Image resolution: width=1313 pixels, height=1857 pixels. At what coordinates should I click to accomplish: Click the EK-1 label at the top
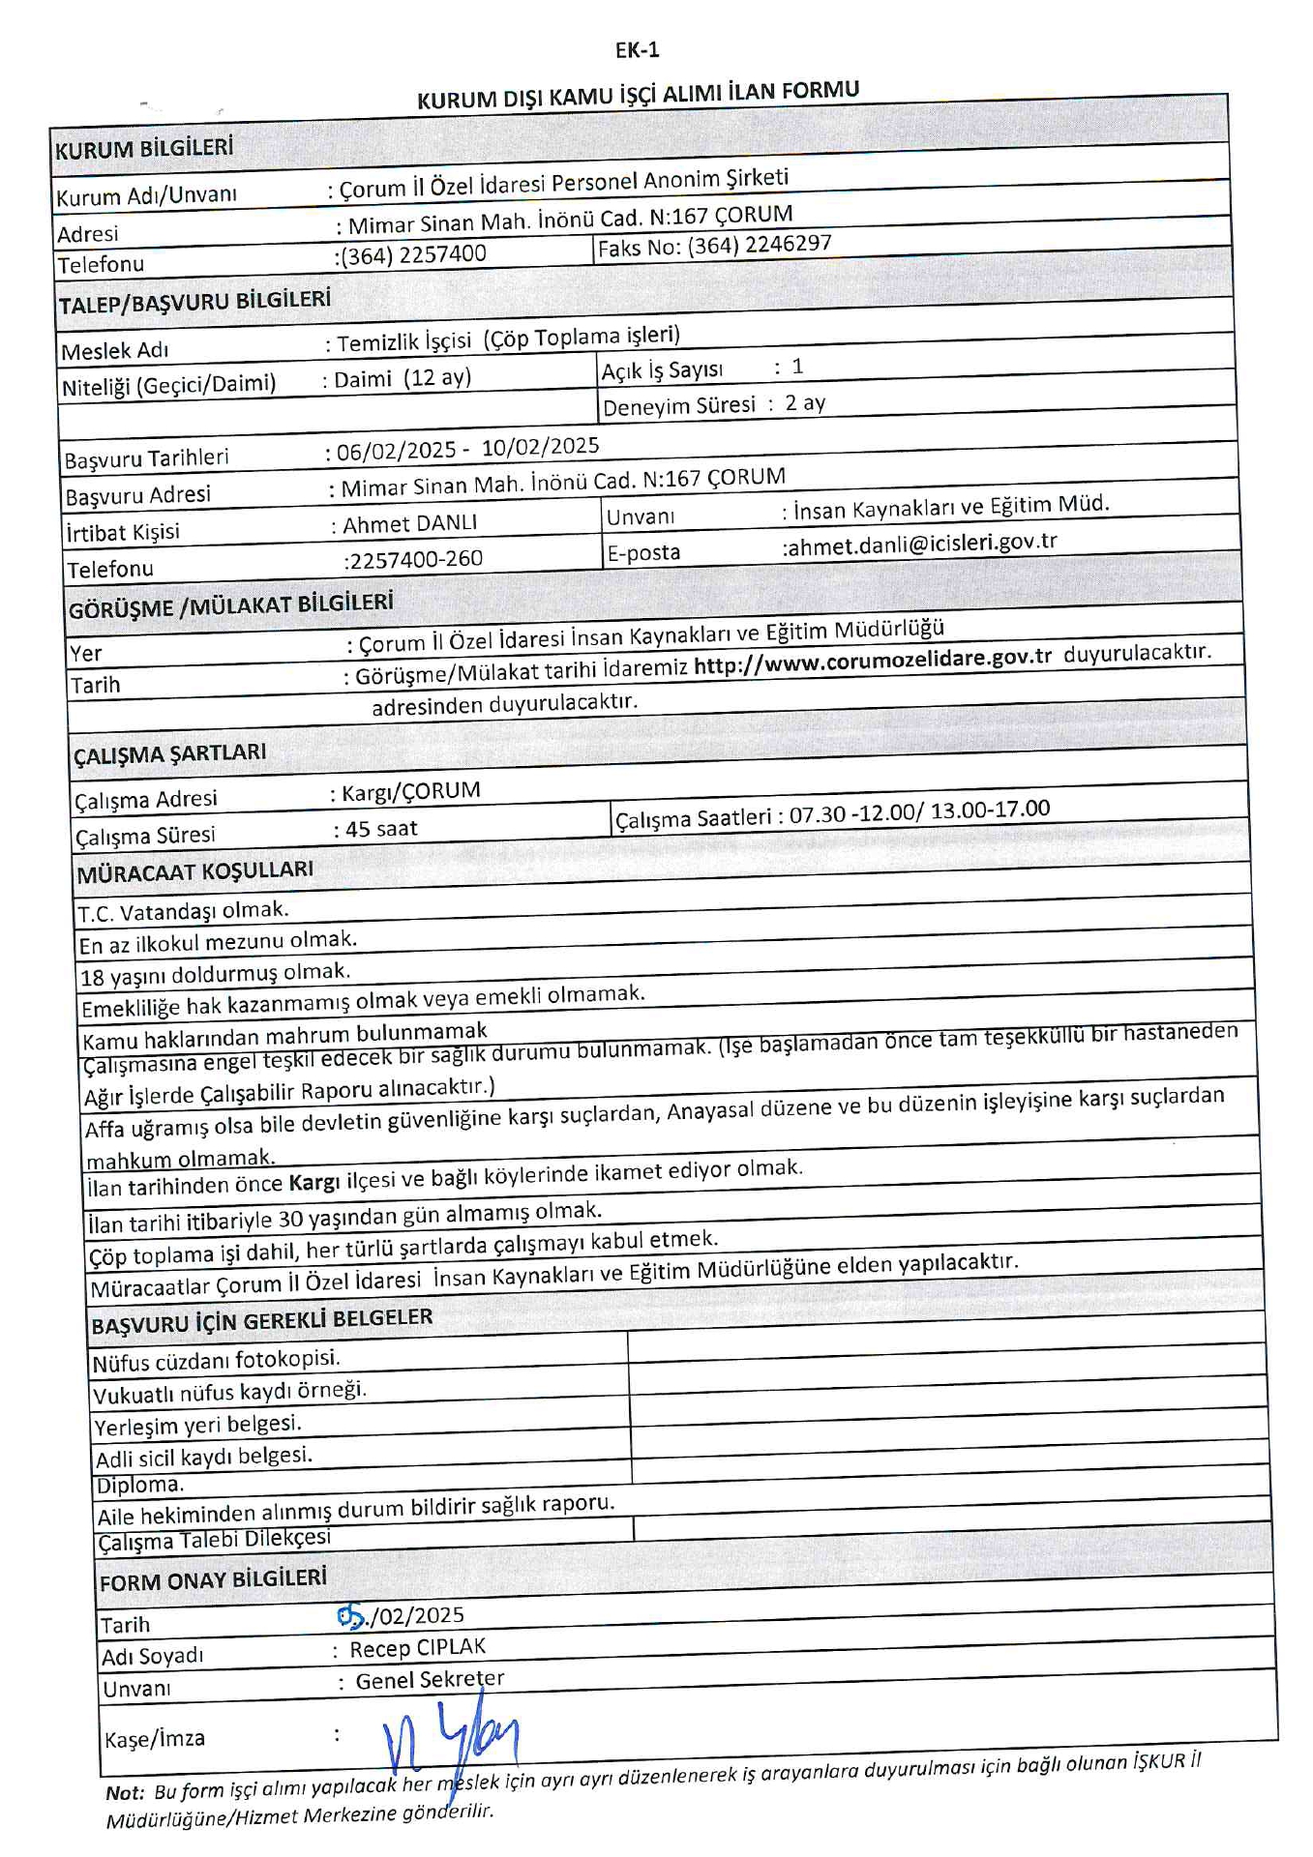[637, 50]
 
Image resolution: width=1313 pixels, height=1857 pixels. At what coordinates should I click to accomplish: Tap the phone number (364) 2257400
[413, 255]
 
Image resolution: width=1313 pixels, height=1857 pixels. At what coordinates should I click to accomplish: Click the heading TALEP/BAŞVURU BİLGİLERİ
[194, 303]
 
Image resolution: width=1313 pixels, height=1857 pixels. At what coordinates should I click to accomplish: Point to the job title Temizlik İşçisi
[404, 341]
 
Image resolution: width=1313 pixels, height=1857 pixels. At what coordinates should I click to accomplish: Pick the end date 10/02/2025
[541, 447]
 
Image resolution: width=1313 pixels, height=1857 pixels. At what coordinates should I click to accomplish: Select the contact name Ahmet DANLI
[410, 524]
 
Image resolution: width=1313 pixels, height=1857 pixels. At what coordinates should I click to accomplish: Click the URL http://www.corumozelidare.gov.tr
[872, 659]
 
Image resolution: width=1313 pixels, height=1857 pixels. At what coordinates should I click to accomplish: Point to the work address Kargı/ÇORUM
[411, 792]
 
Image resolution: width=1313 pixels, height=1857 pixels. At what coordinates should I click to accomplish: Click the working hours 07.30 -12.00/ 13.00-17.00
[919, 811]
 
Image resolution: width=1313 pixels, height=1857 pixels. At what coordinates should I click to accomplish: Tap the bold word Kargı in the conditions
[314, 1182]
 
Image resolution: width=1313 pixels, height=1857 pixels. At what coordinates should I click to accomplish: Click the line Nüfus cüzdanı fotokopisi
[216, 1361]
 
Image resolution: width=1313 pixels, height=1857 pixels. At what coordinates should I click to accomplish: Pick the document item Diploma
[140, 1486]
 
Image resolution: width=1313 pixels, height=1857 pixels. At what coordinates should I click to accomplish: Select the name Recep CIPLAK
[418, 1648]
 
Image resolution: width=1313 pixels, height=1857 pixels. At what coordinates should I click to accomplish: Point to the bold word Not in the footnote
[124, 1792]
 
